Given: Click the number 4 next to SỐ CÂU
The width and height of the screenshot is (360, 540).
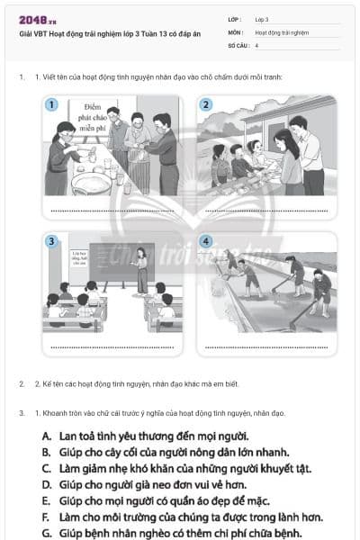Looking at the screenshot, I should (x=256, y=44).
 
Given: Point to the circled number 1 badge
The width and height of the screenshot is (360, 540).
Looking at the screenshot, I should (x=52, y=104).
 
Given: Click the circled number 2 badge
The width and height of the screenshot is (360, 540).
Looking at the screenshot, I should (x=205, y=104).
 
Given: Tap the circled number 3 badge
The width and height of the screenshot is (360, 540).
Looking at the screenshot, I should (x=52, y=241).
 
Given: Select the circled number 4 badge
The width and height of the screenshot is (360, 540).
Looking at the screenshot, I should (x=205, y=241).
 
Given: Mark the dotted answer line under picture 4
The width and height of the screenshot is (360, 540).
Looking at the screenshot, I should (x=266, y=346).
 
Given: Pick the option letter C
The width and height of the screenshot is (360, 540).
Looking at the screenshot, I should (x=46, y=469).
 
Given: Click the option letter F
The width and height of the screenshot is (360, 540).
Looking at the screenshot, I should (x=46, y=517).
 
